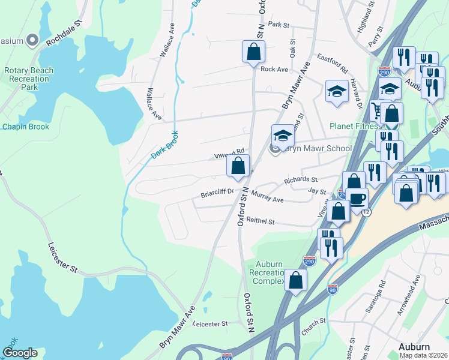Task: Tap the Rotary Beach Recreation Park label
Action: point(29,79)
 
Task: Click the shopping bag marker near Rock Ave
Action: point(253,52)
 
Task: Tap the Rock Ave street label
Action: point(274,69)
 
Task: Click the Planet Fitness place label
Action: point(354,127)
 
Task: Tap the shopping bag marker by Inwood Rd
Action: point(238,166)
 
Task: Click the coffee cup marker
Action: point(358,199)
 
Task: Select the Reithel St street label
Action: point(260,222)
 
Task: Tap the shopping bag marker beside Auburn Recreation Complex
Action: point(296,280)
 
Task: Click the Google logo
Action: point(20,353)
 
